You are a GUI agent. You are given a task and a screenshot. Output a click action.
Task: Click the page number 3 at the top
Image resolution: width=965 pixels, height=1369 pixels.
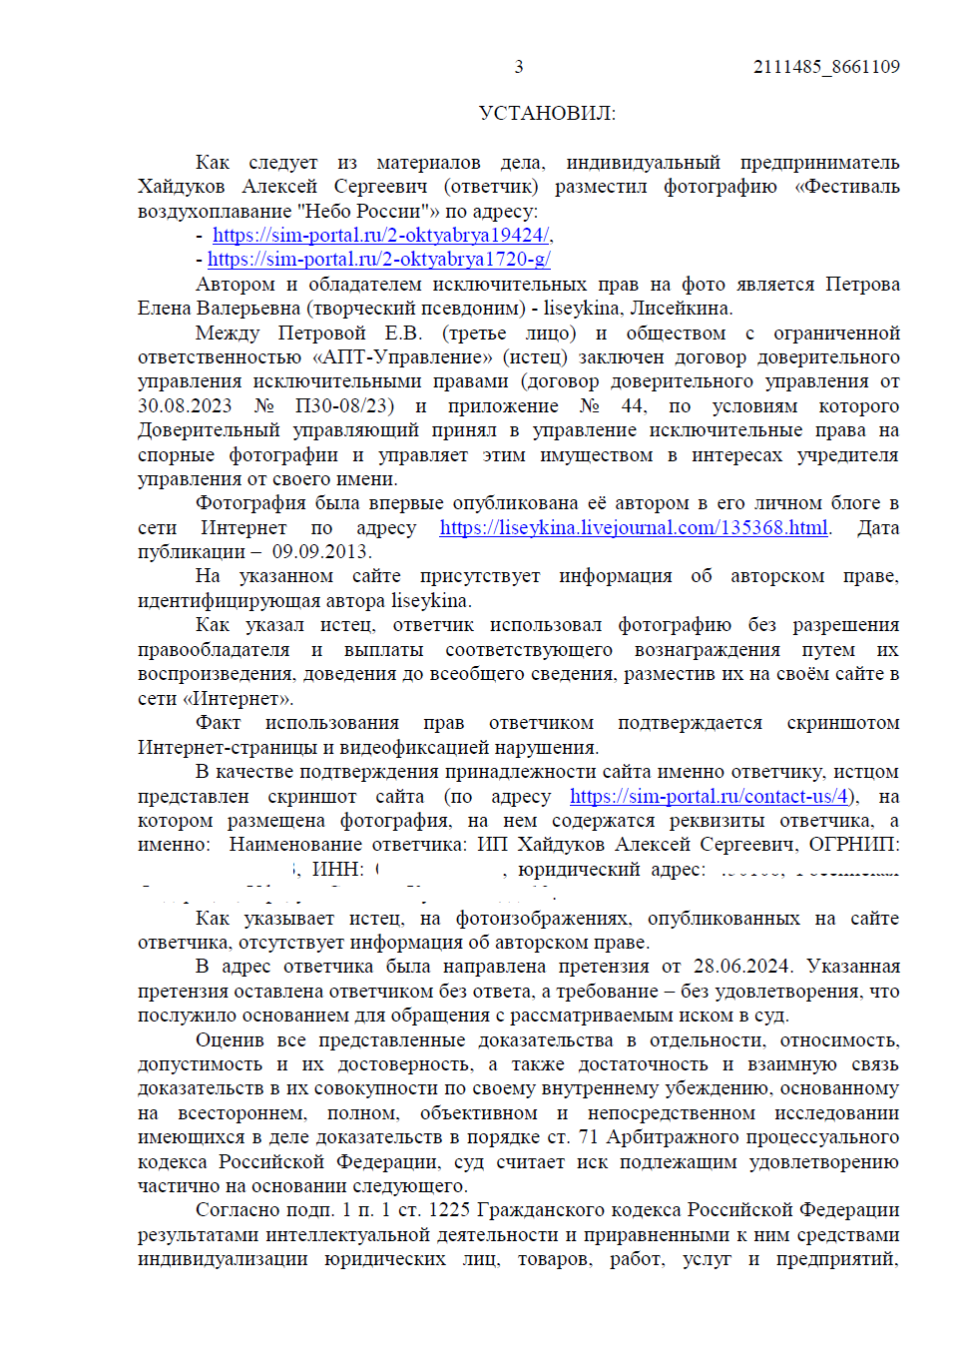pyautogui.click(x=518, y=67)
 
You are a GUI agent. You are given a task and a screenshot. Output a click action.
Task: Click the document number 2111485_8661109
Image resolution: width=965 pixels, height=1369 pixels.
pyautogui.click(x=825, y=67)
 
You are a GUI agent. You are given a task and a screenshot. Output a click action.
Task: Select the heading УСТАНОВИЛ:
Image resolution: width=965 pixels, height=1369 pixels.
pyautogui.click(x=547, y=113)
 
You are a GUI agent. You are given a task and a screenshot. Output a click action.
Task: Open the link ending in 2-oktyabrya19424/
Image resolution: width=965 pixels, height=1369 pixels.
pyautogui.click(x=381, y=236)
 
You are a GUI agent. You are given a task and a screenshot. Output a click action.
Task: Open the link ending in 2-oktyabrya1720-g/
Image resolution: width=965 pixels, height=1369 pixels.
pyautogui.click(x=379, y=260)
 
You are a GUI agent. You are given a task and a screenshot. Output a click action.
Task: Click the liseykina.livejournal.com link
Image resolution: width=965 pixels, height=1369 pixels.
pyautogui.click(x=634, y=528)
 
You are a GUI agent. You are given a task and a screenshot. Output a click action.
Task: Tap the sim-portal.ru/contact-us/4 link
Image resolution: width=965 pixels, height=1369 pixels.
pyautogui.click(x=710, y=797)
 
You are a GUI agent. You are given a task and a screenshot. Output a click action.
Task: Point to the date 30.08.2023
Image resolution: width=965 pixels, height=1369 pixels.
pyautogui.click(x=185, y=406)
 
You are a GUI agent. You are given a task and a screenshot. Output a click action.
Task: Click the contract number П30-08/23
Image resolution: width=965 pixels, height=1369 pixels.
pyautogui.click(x=344, y=406)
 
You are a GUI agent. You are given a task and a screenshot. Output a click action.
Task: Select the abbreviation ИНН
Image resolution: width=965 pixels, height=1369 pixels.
pyautogui.click(x=337, y=870)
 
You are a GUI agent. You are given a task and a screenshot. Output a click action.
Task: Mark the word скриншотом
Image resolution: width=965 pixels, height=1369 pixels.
pyautogui.click(x=842, y=723)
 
